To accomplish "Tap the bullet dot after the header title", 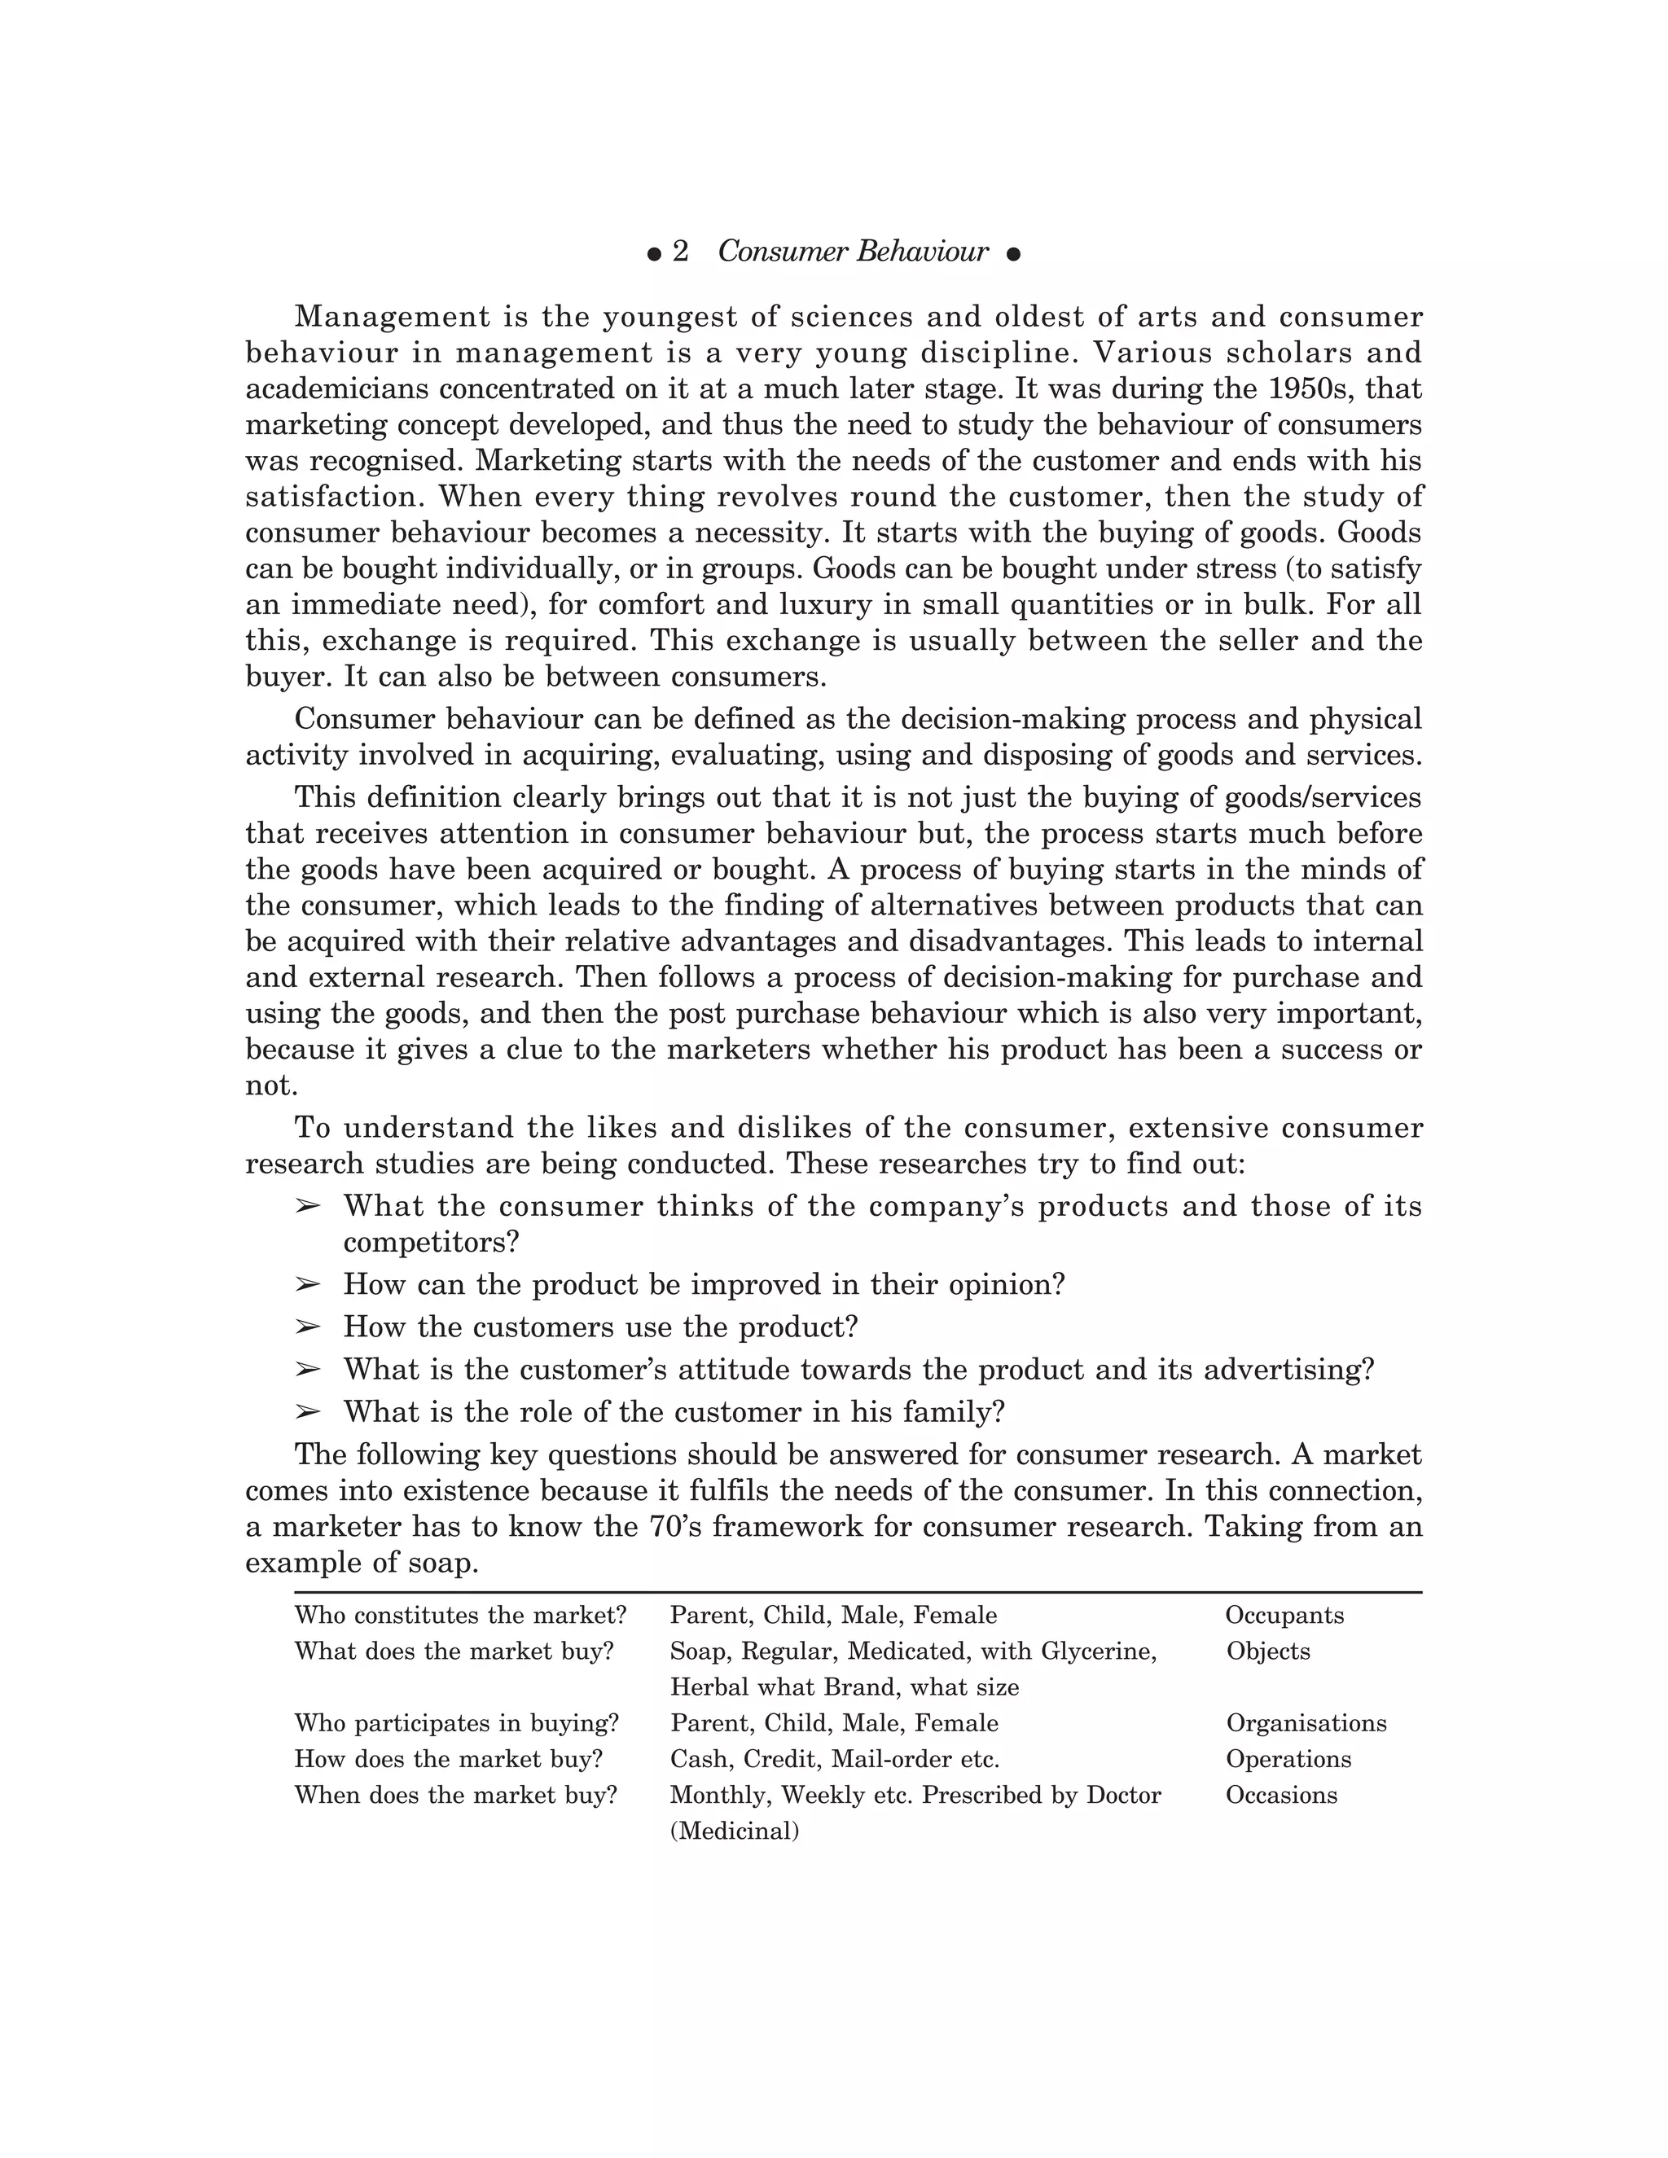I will pyautogui.click(x=1013, y=255).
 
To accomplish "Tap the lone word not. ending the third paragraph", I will pyautogui.click(x=270, y=1086).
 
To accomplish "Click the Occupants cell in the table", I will pyautogui.click(x=1284, y=1616).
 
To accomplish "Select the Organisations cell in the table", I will pyautogui.click(x=1306, y=1723).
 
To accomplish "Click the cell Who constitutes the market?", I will pyautogui.click(x=460, y=1616).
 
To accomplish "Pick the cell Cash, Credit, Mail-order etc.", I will pyautogui.click(x=835, y=1759).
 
